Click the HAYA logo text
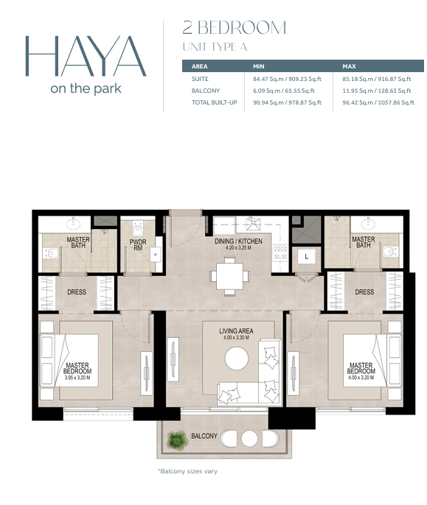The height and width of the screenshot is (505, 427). [86, 56]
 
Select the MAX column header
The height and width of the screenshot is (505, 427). [349, 66]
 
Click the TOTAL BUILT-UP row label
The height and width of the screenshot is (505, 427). [215, 103]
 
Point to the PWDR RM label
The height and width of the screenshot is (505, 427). [138, 244]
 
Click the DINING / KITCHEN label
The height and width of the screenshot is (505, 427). [238, 241]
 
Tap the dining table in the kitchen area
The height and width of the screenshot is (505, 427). [230, 276]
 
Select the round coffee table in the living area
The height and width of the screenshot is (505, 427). [237, 358]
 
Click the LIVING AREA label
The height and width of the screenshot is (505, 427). [236, 331]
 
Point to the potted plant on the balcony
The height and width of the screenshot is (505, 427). [177, 440]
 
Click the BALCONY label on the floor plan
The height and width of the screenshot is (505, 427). [204, 436]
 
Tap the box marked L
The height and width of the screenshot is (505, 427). [306, 256]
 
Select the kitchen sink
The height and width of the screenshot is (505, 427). [254, 224]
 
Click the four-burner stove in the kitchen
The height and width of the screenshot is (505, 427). [280, 252]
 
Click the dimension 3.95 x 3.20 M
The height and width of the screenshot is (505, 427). [77, 378]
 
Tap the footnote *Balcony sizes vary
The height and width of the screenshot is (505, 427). [187, 471]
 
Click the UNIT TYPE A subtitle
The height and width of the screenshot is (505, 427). [215, 47]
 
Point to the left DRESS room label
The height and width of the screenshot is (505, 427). [77, 292]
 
